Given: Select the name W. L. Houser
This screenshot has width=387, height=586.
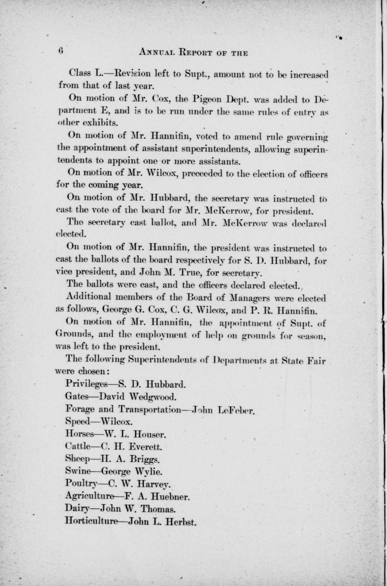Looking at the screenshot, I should pos(136,434).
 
